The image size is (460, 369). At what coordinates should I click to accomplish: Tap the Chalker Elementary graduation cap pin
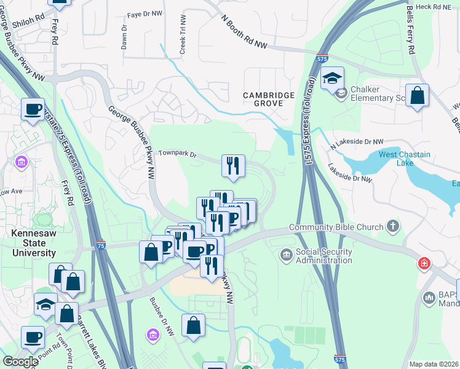332,79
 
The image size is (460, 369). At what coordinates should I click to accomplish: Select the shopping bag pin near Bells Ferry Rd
417,96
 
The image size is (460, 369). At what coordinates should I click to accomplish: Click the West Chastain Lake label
404,159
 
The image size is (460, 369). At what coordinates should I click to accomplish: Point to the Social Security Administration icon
286,255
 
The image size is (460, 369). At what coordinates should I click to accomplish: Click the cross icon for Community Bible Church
394,227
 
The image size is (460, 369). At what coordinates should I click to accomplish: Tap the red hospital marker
424,264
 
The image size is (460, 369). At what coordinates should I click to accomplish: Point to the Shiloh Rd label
32,19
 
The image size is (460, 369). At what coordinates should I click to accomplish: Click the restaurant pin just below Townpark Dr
233,166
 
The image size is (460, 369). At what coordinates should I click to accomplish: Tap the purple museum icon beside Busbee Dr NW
152,335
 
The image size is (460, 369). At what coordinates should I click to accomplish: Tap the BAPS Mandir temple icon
429,298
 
